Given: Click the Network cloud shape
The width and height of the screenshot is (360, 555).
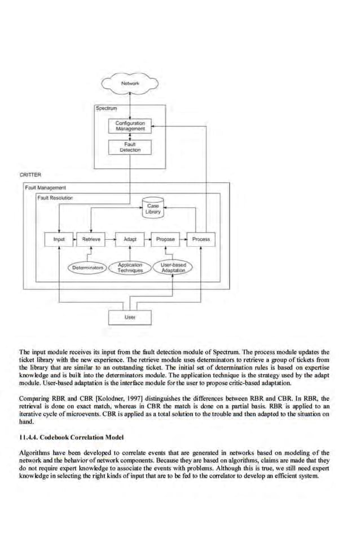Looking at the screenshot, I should (x=130, y=84).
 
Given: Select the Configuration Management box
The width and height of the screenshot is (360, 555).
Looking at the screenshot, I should (x=130, y=126).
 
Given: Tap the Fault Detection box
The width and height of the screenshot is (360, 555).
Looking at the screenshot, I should (x=130, y=147).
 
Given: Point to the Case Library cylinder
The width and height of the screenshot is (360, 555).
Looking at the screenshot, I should (x=153, y=209).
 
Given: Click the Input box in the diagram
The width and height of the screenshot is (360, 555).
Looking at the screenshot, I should (x=59, y=239).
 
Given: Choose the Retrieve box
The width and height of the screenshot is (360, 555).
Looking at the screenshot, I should (x=91, y=239).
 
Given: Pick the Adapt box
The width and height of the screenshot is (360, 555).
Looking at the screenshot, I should (x=130, y=239).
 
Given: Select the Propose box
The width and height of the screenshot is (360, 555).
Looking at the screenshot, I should (x=165, y=239).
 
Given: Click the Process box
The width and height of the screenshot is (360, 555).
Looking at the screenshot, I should (x=201, y=239).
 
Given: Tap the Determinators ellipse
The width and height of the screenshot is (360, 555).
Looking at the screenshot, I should (x=88, y=267).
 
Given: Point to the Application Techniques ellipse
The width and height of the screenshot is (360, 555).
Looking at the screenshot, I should (x=130, y=268).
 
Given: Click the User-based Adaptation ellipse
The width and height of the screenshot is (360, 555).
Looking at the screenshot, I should (x=173, y=268).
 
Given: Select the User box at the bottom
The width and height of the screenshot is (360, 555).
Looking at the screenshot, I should (x=130, y=317).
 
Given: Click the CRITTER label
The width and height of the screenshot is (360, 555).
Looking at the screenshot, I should (x=30, y=175).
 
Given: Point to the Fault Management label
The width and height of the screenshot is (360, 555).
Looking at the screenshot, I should (x=46, y=187).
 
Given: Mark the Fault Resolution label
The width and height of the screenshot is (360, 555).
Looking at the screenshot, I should (x=55, y=198).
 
